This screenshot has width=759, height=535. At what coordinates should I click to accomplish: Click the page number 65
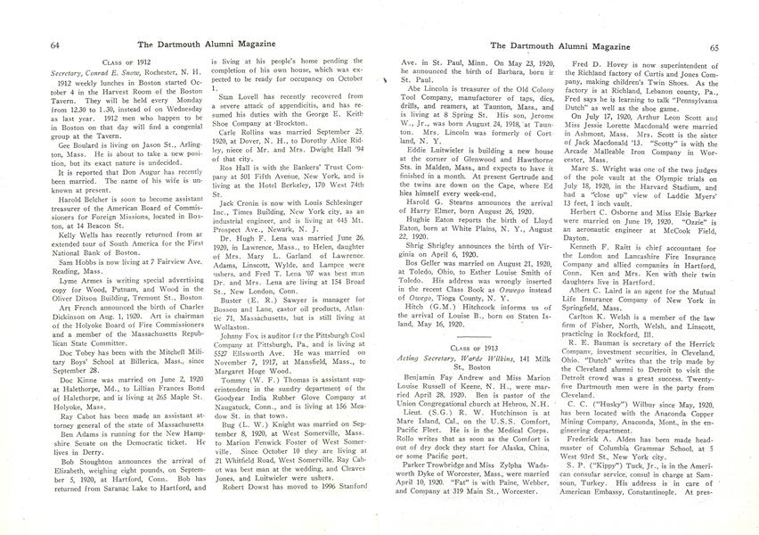pos(714,46)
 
